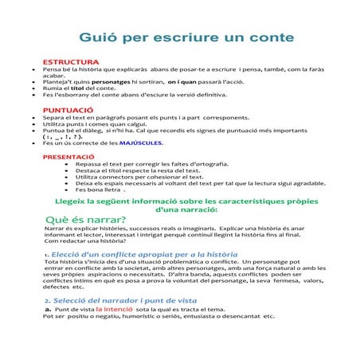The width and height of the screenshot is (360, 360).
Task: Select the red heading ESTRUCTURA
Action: coord(71,61)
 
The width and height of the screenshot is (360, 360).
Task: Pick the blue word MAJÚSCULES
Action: coord(141,143)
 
